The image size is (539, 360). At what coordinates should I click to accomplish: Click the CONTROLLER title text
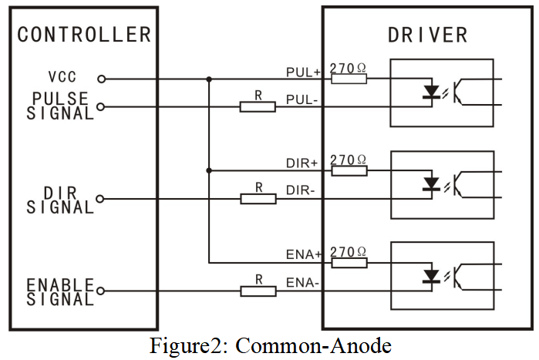tap(83, 34)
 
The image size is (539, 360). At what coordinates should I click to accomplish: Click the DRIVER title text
tap(428, 35)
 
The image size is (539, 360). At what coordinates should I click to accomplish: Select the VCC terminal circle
tap(100, 79)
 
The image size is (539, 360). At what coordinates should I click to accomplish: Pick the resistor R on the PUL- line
tap(258, 106)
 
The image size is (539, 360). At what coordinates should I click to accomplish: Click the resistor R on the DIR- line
tap(258, 199)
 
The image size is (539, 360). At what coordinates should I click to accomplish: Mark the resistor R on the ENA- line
tap(258, 291)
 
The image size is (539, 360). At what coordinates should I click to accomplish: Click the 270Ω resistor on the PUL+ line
tap(349, 79)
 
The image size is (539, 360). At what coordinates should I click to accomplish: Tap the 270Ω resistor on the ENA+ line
tap(349, 263)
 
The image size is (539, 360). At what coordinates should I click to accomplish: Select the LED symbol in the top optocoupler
tap(432, 93)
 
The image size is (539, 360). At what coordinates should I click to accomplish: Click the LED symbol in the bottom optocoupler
tap(432, 277)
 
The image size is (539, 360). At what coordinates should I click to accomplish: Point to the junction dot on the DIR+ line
tap(209, 170)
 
